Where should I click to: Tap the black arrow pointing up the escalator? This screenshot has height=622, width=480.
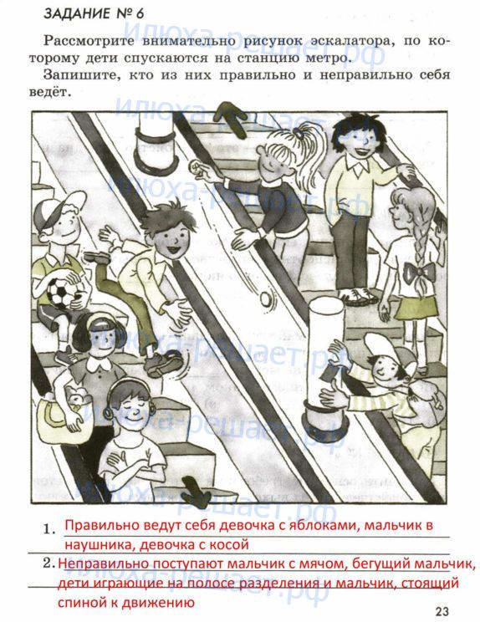point(232,118)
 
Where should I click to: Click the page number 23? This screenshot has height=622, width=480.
point(441,611)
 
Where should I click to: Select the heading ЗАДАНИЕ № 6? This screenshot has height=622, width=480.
point(94,13)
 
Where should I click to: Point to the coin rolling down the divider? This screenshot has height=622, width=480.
point(266,298)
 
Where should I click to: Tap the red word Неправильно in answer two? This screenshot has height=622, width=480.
point(102,563)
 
